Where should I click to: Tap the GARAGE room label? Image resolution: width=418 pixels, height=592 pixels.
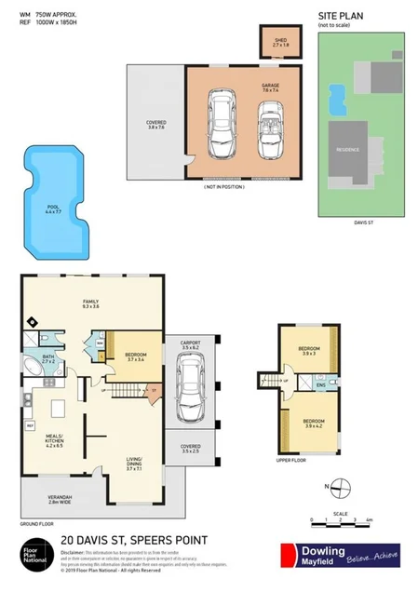click(270, 85)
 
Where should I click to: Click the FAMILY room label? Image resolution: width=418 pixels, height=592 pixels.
click(91, 303)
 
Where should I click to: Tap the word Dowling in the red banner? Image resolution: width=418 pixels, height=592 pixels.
click(321, 550)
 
